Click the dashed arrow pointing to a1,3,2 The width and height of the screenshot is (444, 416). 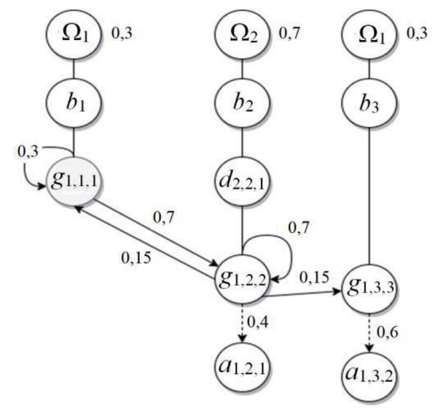point(370,333)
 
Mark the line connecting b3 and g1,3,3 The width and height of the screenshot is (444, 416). point(369,197)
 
